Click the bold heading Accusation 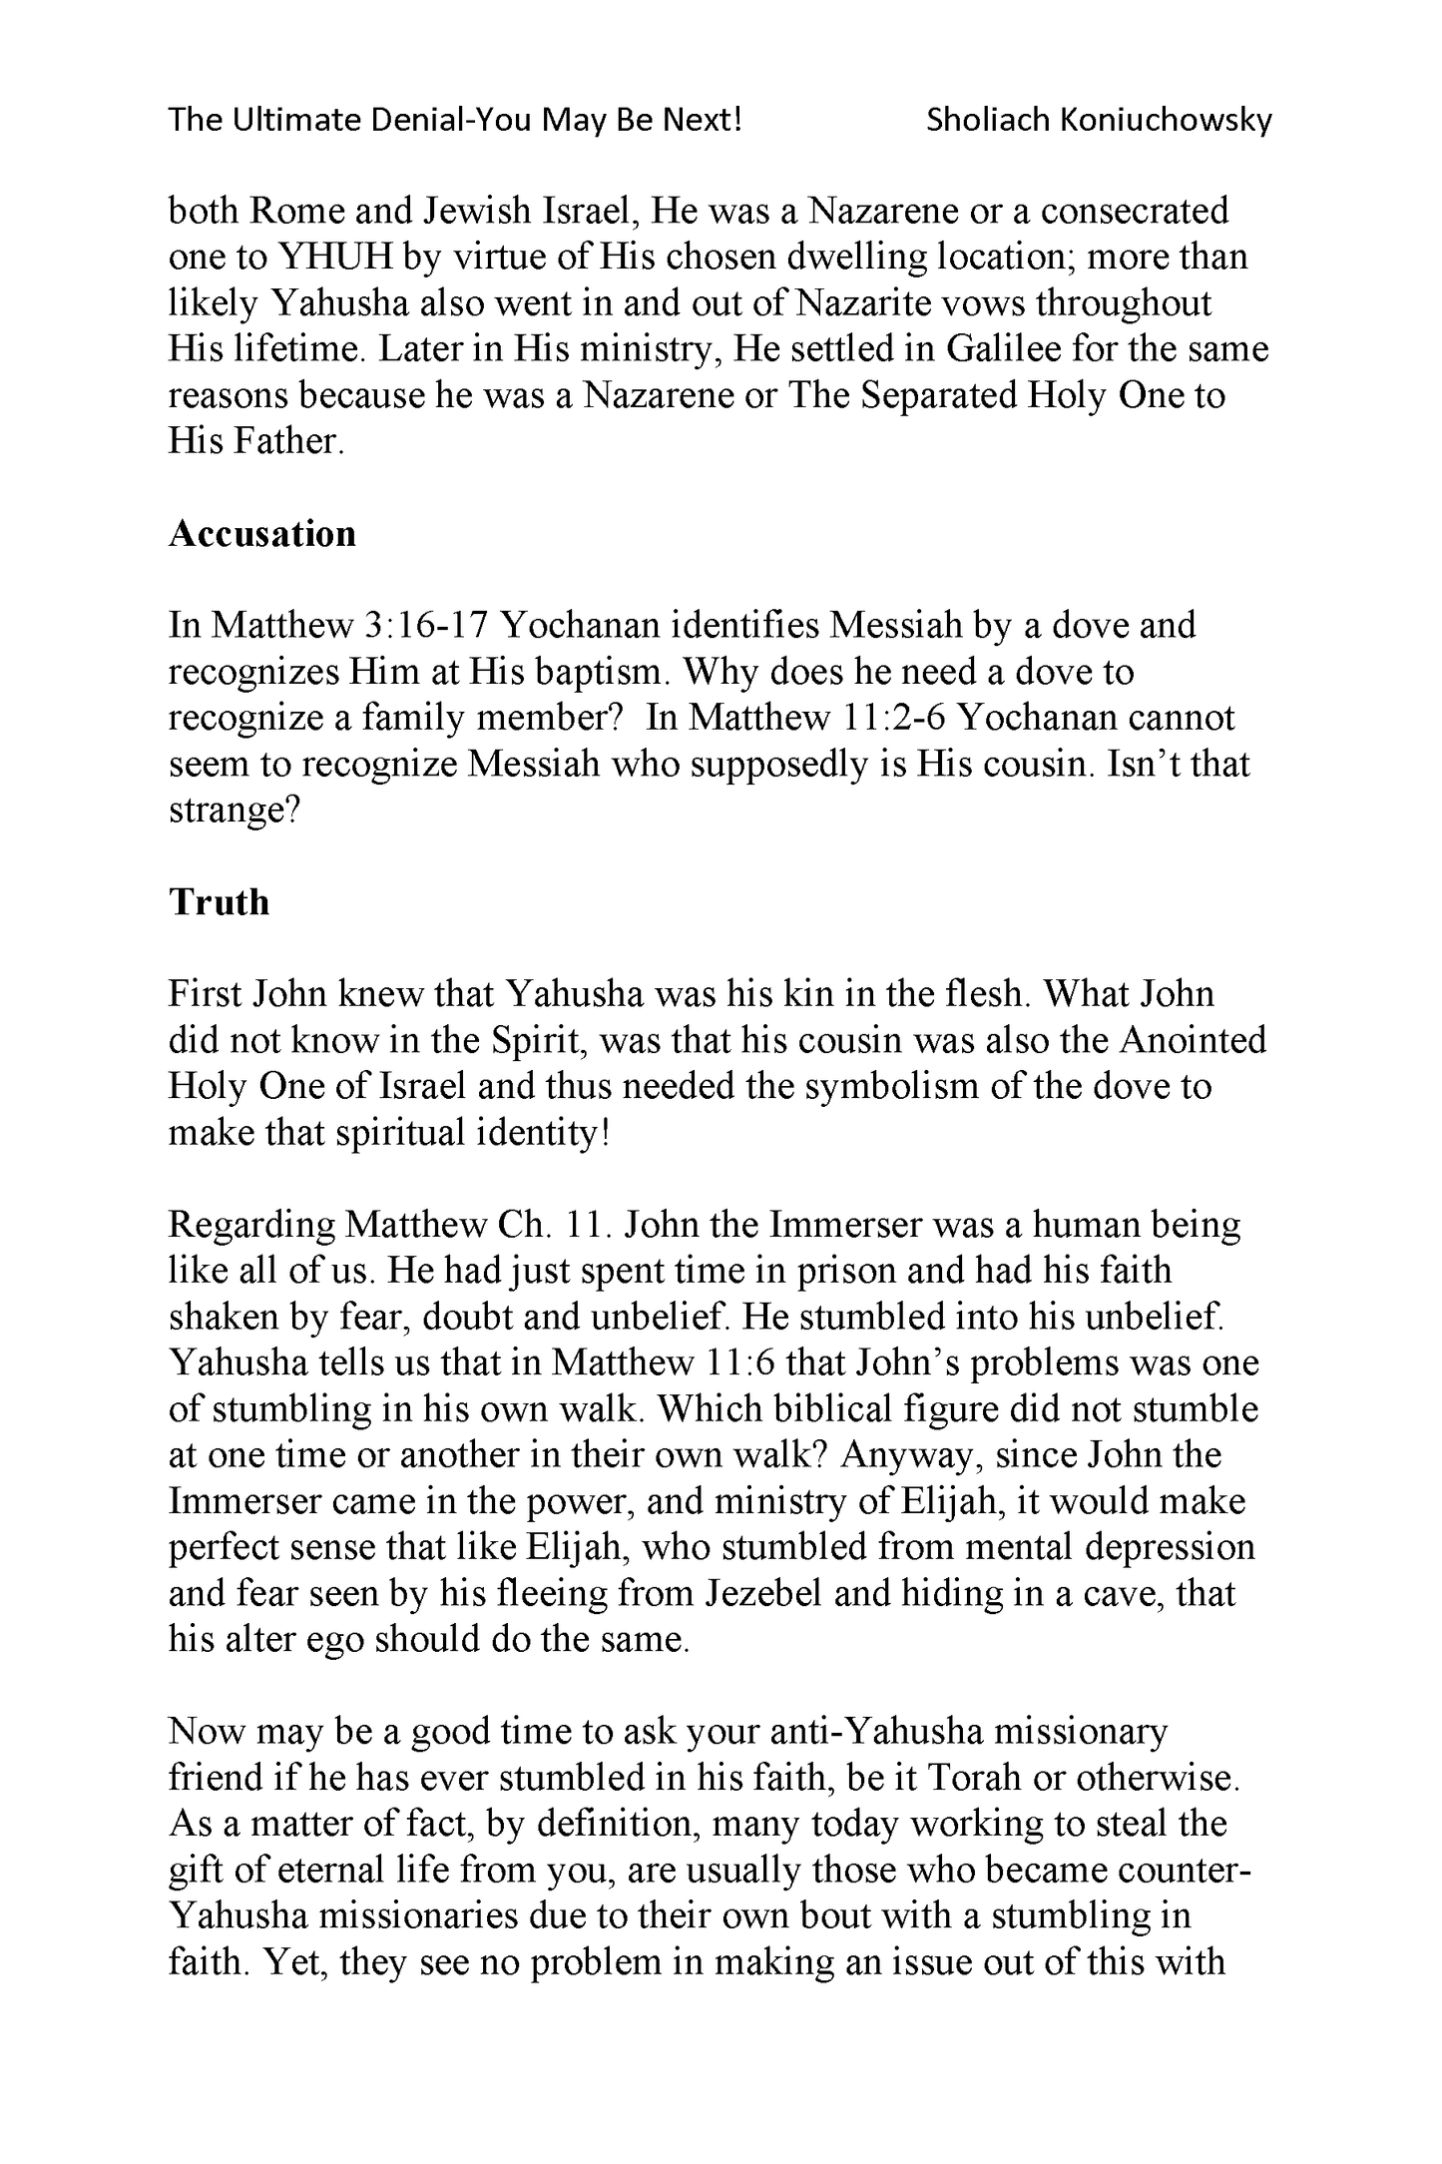coord(261,534)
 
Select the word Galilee coord(1009,349)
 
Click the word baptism coord(592,672)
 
